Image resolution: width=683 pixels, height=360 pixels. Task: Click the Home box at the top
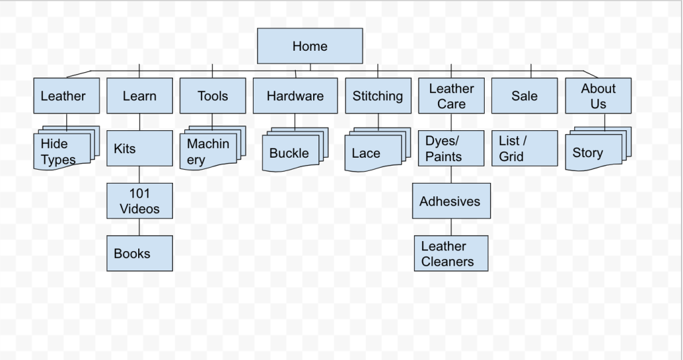(x=310, y=46)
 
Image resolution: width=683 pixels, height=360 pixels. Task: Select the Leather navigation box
(x=66, y=96)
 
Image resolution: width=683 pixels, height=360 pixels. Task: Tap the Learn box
(x=139, y=96)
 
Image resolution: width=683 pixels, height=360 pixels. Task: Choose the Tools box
(x=212, y=96)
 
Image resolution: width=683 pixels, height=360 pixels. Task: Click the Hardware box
(x=294, y=96)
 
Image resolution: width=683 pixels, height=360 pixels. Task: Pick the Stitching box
(x=377, y=96)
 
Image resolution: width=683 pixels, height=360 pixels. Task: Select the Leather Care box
(x=451, y=96)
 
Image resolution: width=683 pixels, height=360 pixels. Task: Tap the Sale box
(x=524, y=96)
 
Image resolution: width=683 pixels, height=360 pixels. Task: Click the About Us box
(x=598, y=96)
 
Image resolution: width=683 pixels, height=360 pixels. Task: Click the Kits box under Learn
(x=139, y=148)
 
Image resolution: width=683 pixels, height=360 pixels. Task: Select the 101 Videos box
(x=139, y=201)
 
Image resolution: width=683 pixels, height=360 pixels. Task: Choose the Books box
(x=139, y=253)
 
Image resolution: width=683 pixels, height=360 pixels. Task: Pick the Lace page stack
(x=373, y=153)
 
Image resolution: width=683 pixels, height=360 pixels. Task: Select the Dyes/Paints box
(x=451, y=148)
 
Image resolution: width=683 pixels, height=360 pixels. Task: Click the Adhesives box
(x=451, y=201)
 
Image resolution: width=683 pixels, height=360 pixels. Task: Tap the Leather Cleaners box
(x=451, y=253)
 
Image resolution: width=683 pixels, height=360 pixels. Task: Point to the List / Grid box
(x=524, y=148)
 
